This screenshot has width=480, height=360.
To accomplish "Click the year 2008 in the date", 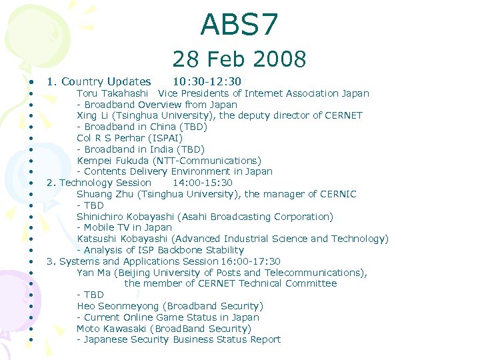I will tap(281, 59).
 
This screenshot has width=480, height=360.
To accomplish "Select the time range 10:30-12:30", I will tap(207, 82).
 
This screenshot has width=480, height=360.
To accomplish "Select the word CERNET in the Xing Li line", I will tap(344, 115).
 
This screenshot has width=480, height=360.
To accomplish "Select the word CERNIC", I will tap(337, 194).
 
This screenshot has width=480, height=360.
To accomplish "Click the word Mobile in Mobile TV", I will tap(101, 228).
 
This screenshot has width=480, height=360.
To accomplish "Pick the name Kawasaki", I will tap(127, 329).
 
